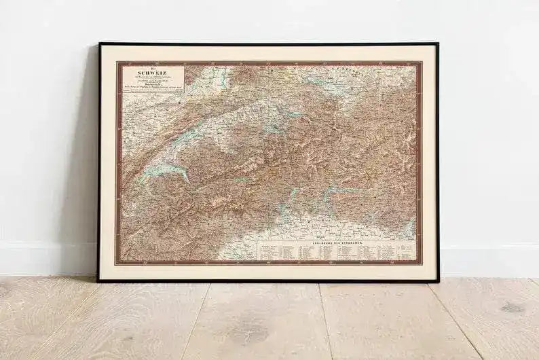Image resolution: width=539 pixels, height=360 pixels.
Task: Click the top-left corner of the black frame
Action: (100, 44)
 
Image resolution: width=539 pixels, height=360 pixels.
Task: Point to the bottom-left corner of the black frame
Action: (98, 280)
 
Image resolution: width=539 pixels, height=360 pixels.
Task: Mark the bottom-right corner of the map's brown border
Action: (421, 263)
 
